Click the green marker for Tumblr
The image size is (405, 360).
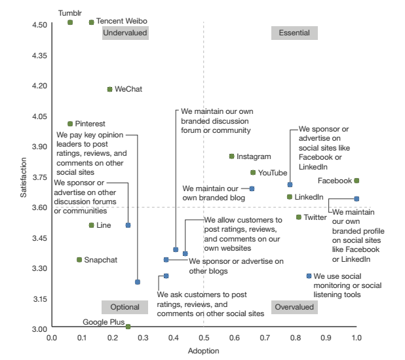70,22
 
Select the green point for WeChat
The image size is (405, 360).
109,89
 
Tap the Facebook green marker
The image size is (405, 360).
357,181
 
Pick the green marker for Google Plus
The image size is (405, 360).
128,327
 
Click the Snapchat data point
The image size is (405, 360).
79,260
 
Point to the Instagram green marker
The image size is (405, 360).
231,156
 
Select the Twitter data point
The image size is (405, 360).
298,217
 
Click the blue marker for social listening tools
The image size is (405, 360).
309,276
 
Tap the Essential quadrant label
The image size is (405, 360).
294,33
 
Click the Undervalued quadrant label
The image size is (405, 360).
125,33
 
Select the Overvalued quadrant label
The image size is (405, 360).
294,307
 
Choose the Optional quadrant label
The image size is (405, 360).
125,307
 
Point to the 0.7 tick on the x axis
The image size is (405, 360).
265,338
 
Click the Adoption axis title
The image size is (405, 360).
203,351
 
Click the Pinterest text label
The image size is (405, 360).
90,124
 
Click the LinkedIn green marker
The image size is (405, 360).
290,197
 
